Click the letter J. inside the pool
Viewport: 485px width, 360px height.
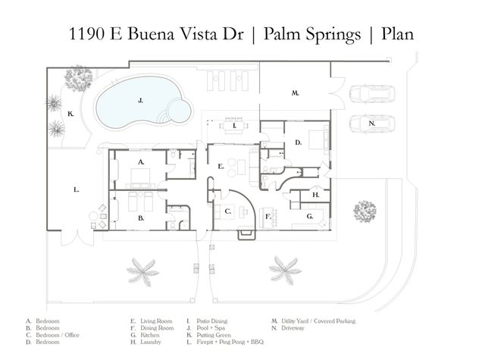140,99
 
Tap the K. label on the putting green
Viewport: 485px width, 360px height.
70,114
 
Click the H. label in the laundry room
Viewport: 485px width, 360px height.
315,196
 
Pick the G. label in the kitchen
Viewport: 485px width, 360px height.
310,216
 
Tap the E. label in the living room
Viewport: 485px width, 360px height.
220,165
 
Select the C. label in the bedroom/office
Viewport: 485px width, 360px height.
227,212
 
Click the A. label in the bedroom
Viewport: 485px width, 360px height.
141,162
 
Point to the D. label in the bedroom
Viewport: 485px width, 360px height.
299,142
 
